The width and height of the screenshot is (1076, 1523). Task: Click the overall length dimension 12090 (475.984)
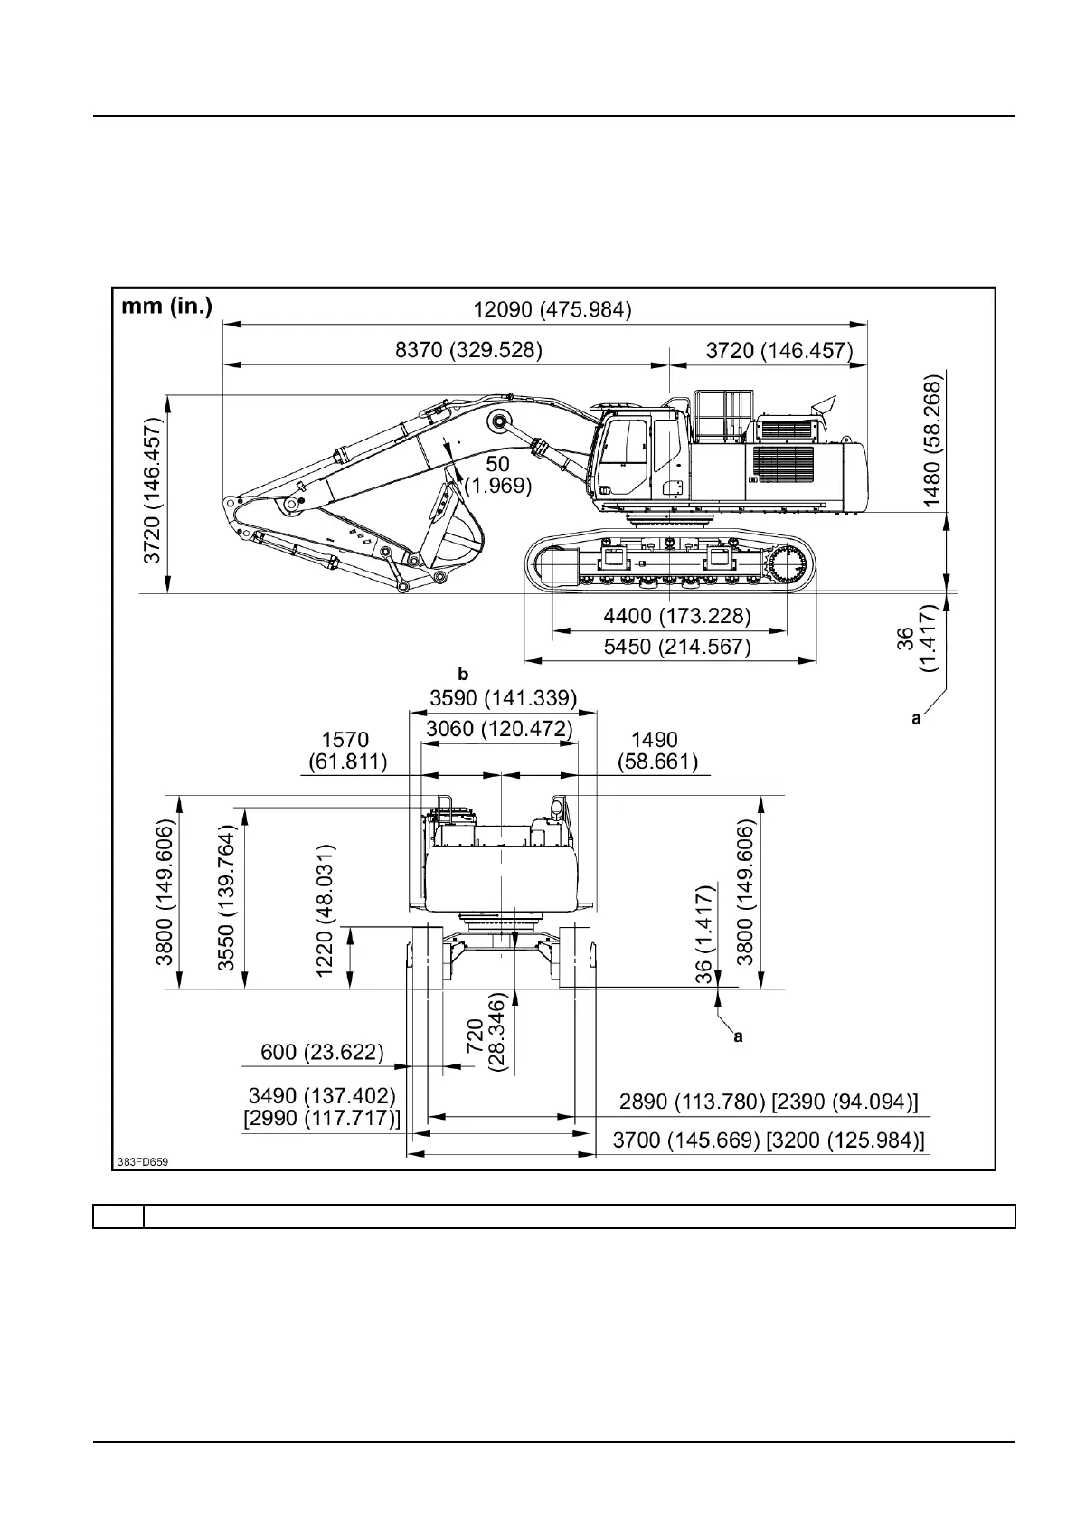tap(552, 310)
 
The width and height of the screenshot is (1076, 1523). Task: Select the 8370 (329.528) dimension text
tap(468, 351)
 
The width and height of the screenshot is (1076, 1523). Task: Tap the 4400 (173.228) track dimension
tap(676, 617)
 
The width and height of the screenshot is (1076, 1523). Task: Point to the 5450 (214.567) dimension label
tap(676, 648)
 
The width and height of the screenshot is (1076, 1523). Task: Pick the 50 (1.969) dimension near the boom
tap(498, 475)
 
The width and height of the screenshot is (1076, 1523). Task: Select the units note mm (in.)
tap(167, 307)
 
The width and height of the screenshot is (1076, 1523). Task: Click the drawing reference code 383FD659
tap(142, 1160)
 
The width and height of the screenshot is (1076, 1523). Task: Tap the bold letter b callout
tap(464, 674)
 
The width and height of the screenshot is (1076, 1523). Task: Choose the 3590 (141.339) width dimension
tap(503, 698)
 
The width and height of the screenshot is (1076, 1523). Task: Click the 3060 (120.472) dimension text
tap(498, 729)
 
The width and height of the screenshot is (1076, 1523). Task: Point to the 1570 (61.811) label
tap(347, 752)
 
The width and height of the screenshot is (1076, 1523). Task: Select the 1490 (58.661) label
tap(657, 752)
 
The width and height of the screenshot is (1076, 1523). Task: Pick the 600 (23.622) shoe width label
tap(322, 1053)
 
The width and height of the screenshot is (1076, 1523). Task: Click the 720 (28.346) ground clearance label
tap(485, 1044)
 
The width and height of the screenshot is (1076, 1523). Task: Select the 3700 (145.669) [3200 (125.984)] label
tap(769, 1140)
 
